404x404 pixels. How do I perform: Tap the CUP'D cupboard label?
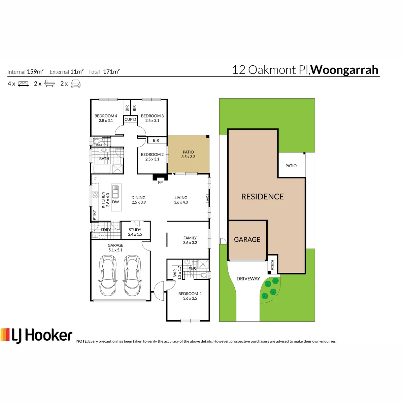point(130,119)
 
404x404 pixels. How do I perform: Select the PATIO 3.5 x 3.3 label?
point(188,154)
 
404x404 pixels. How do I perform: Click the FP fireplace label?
point(160,182)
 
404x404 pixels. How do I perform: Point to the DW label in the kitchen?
point(115,202)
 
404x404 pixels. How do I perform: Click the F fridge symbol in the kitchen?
point(95,179)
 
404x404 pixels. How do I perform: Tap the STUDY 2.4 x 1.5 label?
point(135,232)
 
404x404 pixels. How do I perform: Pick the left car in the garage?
point(108,275)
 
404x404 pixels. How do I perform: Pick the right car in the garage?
point(132,275)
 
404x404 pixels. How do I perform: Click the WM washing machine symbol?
point(102,235)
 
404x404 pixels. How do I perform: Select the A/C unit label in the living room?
point(207,198)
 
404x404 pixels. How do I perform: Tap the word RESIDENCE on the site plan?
point(263,196)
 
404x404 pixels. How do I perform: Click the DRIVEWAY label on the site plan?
point(248,278)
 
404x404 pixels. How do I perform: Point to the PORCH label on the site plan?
point(272,265)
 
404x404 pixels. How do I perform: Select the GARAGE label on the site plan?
point(247,239)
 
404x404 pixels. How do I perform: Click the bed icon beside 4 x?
point(23,84)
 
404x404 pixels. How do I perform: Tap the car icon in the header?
point(75,83)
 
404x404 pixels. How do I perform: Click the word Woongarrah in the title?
point(344,70)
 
